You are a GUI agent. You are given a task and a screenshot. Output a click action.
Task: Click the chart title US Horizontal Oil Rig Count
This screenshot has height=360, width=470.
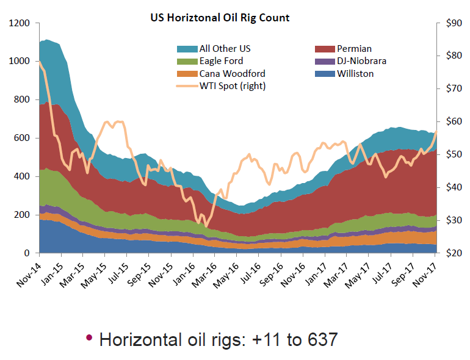tap(220, 18)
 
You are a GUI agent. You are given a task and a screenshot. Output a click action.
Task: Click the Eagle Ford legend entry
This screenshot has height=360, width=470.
tap(221, 61)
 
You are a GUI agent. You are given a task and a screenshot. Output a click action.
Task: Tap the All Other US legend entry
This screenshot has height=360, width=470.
tap(225, 49)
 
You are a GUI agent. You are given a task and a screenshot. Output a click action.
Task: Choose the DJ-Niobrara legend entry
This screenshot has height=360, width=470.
tap(361, 61)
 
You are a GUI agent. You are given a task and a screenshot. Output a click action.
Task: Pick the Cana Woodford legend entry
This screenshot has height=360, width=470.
tap(232, 74)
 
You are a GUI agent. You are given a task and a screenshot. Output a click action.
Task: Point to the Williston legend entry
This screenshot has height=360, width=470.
tap(353, 74)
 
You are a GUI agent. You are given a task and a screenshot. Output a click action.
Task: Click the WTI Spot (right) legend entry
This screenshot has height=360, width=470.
tap(232, 86)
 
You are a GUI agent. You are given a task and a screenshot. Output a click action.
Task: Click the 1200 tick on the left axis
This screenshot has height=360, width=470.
tap(19, 23)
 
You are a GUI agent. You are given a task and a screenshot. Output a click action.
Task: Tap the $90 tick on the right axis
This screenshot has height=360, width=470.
tap(454, 23)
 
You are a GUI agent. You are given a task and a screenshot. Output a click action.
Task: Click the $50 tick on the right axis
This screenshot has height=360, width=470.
tap(454, 154)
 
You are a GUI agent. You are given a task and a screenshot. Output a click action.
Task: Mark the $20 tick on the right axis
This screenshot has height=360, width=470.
tap(454, 253)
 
